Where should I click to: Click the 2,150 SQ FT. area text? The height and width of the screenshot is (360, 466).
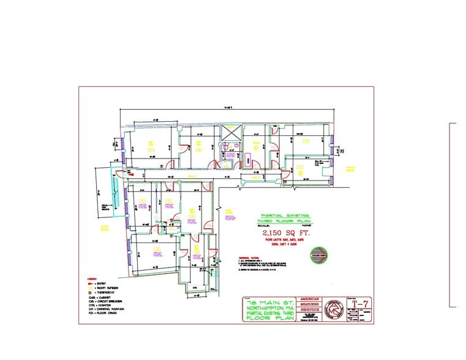(x=285, y=233)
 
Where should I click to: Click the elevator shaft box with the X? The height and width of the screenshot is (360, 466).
(x=231, y=132)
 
